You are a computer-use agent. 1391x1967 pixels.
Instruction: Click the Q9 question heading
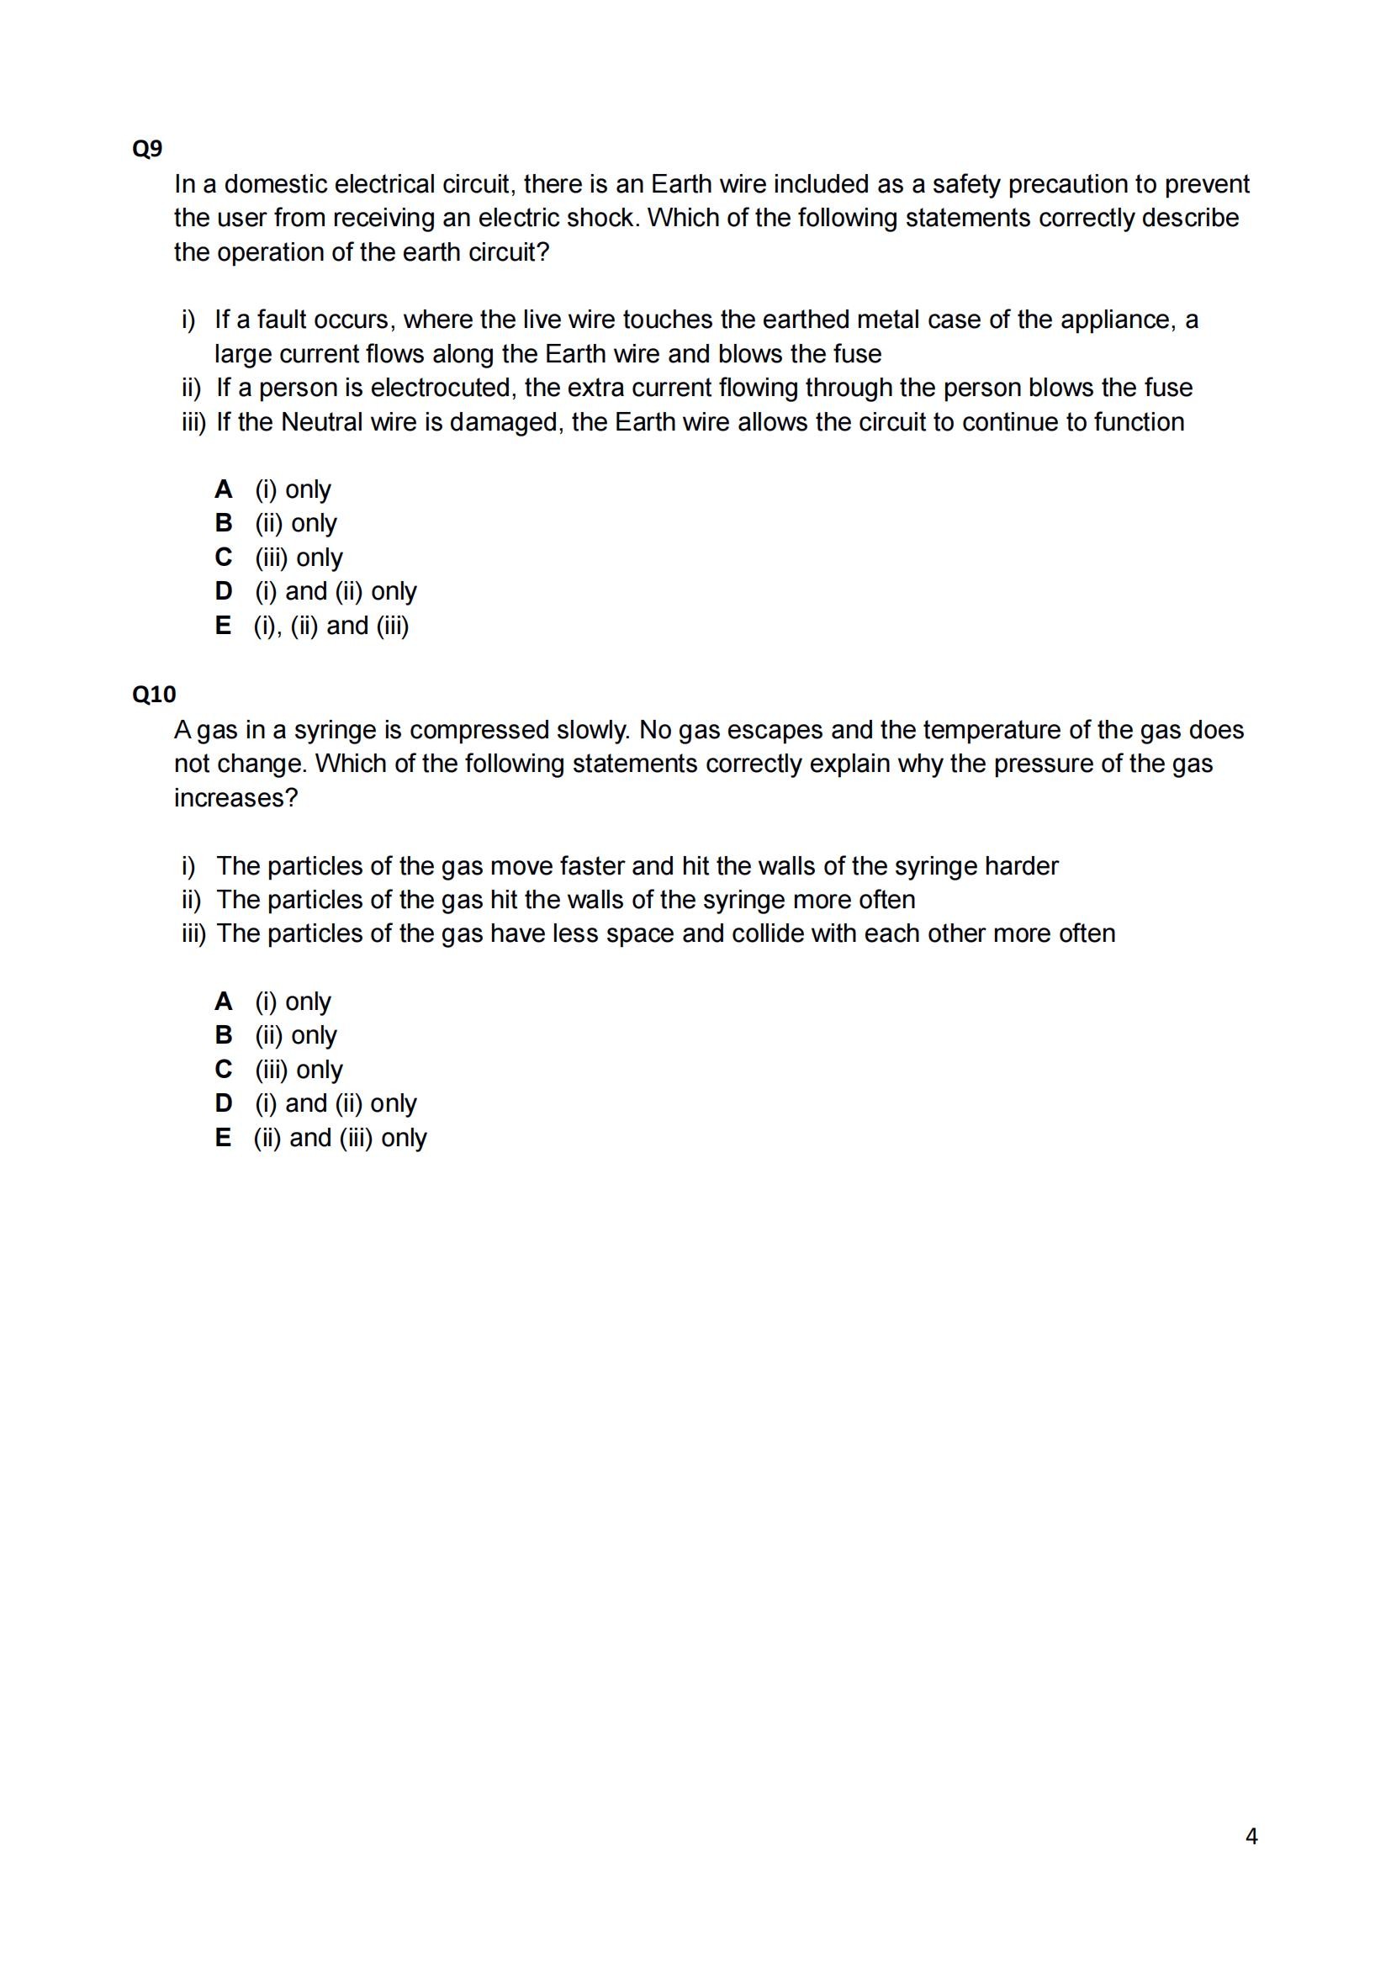(146, 149)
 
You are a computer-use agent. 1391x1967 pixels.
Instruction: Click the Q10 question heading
(153, 694)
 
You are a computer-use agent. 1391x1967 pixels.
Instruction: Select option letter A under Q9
(224, 489)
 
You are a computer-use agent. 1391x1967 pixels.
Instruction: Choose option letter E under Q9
(223, 626)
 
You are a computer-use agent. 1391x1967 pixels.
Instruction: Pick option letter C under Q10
(224, 1069)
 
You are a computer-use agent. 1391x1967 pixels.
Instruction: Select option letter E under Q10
(223, 1138)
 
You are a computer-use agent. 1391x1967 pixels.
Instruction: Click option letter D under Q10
(224, 1103)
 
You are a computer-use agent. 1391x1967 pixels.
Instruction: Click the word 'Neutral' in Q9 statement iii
(324, 422)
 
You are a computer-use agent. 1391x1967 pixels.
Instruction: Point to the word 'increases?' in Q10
(235, 798)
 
